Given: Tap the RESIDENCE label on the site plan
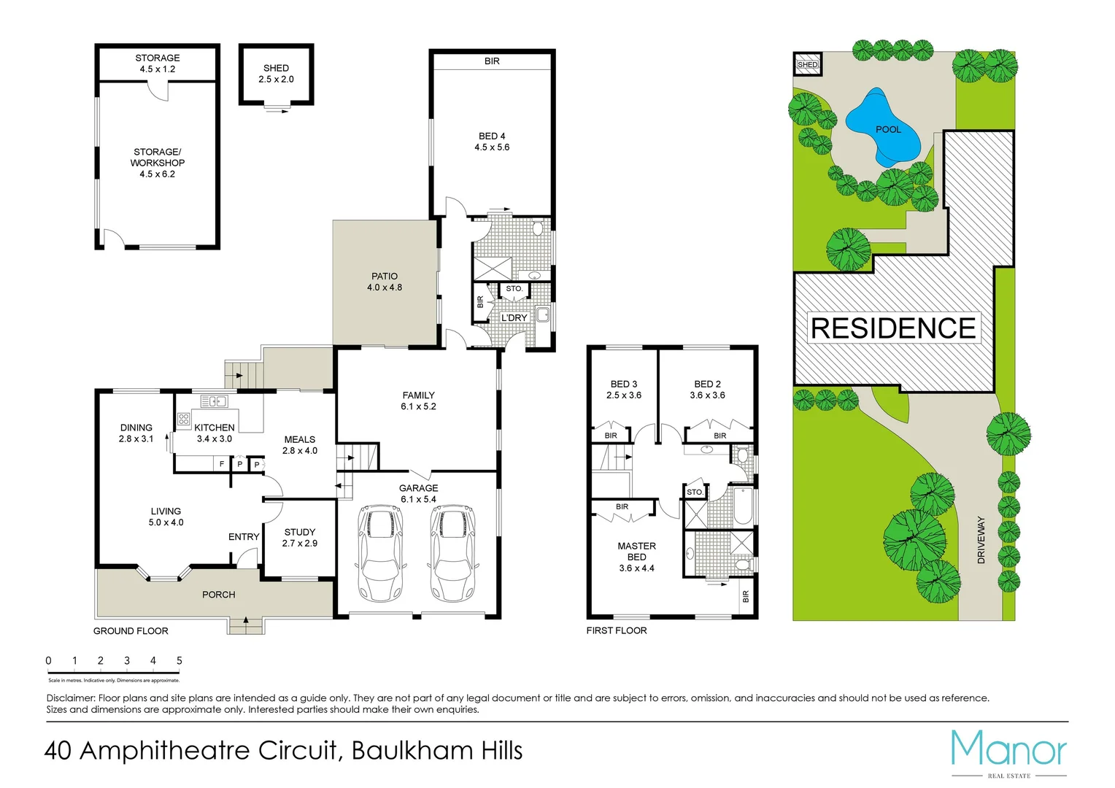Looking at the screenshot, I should click(893, 328).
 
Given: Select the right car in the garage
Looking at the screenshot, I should click(452, 552).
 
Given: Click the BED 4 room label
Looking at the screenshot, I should click(492, 142).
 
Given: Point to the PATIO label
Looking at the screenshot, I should click(385, 282).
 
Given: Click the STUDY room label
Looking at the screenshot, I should click(300, 538).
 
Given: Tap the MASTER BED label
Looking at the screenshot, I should click(636, 556).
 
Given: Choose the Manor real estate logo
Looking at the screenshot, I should click(1008, 752).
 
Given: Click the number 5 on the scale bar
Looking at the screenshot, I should click(179, 661).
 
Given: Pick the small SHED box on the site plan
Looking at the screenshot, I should click(808, 64).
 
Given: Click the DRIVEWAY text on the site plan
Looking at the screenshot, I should click(981, 540).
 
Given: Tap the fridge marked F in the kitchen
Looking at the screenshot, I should click(222, 464).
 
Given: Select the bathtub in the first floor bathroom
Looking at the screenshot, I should click(742, 506).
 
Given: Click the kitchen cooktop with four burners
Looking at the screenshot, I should click(183, 419).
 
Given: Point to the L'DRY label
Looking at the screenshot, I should click(514, 318).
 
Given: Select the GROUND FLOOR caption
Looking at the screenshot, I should click(131, 631).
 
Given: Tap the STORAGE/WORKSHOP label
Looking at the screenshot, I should click(158, 163).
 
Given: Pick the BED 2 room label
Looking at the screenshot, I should click(707, 390).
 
